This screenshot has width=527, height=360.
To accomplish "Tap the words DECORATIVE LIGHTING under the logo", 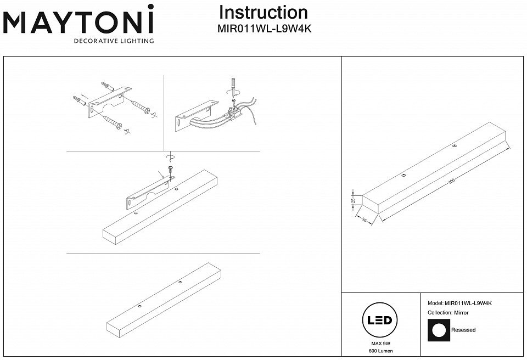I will (x=114, y=41).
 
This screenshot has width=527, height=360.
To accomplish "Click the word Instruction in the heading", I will (x=263, y=13).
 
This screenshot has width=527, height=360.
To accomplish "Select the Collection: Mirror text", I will (x=448, y=312).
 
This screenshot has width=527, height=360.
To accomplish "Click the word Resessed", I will (x=463, y=330).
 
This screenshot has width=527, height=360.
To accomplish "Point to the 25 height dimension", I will (x=354, y=200).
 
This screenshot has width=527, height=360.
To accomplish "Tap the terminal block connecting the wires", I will (x=234, y=113).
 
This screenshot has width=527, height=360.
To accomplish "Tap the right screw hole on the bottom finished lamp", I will (x=180, y=282).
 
